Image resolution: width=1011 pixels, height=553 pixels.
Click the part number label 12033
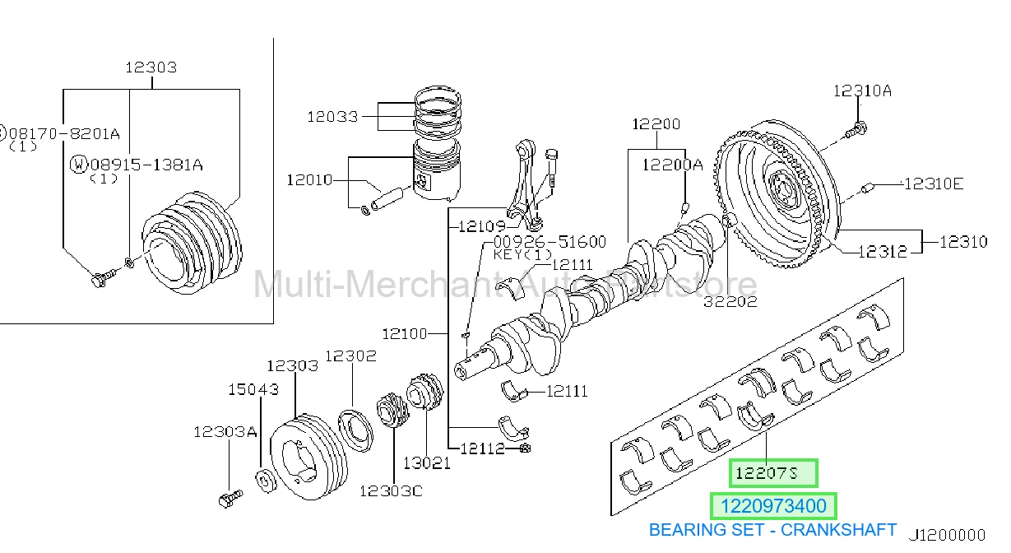tap(332, 117)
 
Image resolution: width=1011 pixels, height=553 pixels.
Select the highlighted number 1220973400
tap(773, 506)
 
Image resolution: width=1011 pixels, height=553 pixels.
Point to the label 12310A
tap(862, 91)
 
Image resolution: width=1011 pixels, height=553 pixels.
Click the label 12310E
tap(934, 184)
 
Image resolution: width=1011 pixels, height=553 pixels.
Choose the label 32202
tap(730, 301)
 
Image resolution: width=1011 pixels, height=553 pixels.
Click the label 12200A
tap(673, 165)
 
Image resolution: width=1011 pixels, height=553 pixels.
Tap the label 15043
tap(253, 389)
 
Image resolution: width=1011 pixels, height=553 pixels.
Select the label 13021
tap(426, 463)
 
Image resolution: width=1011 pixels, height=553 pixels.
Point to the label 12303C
tap(391, 490)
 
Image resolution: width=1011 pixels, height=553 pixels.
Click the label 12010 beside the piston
tap(309, 180)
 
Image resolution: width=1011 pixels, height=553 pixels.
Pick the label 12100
tap(405, 334)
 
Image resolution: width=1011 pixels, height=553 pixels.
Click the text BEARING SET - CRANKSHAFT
tap(772, 530)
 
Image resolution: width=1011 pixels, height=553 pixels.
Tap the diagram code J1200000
tap(947, 536)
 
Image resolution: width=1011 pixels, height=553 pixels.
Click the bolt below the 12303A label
tap(230, 499)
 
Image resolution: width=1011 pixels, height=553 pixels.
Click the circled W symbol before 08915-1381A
tap(78, 165)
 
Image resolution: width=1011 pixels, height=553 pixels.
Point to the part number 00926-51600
tap(550, 242)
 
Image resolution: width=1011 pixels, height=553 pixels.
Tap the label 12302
tap(350, 356)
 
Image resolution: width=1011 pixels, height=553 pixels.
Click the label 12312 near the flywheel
tap(883, 252)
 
